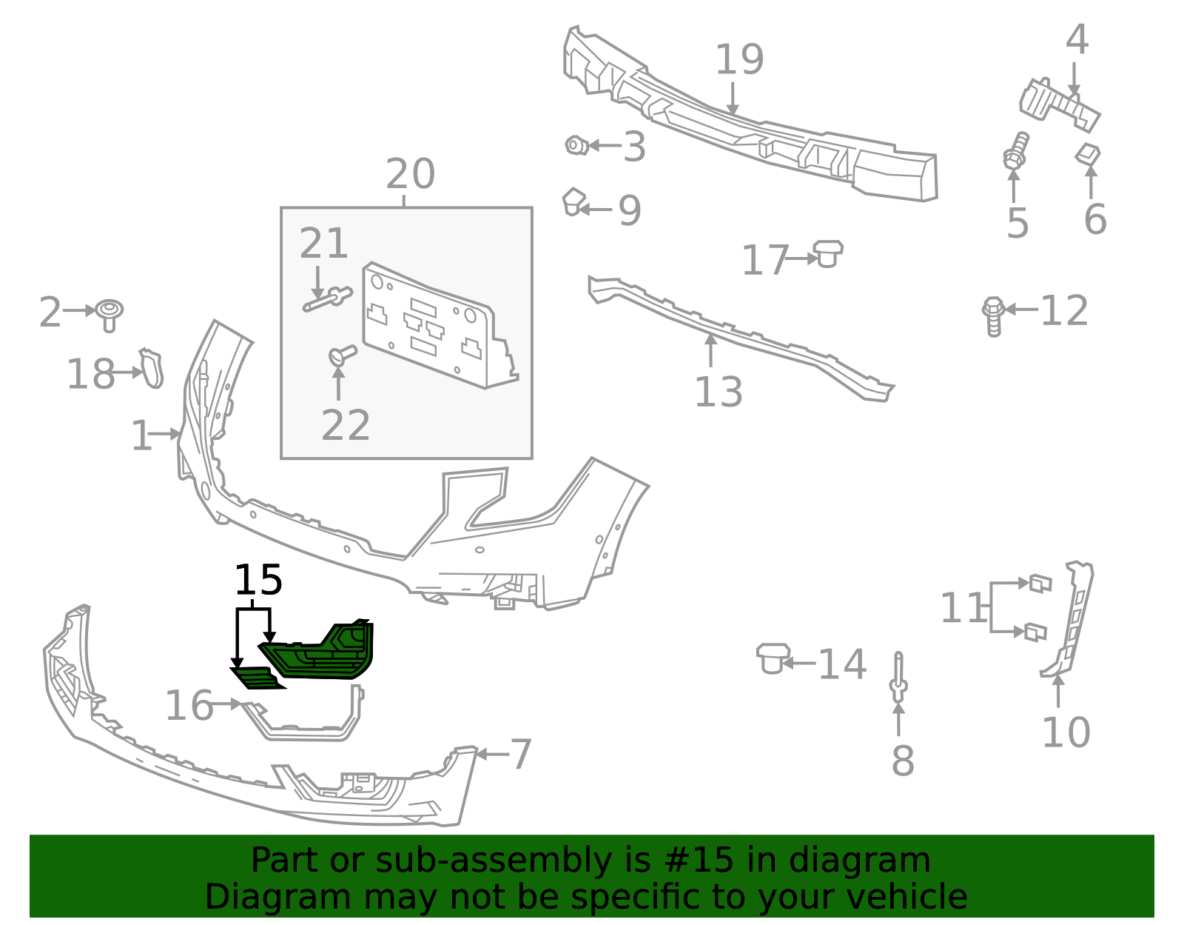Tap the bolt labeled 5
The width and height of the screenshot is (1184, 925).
pos(1015,150)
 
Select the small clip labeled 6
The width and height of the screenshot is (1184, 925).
pos(1088,154)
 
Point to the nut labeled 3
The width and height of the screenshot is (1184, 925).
pos(576,146)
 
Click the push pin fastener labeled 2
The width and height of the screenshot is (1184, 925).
pos(109,315)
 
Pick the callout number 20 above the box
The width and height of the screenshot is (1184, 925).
pos(410,175)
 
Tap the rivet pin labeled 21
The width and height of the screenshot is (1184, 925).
pos(328,299)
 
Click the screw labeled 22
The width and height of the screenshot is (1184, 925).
pos(343,355)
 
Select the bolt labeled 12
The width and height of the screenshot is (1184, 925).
pos(993,316)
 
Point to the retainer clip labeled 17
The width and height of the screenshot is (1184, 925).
pos(827,253)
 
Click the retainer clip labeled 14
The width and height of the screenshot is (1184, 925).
pos(773,658)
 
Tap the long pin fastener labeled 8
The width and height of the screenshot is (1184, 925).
pos(898,678)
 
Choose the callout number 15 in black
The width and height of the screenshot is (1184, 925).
pos(258,580)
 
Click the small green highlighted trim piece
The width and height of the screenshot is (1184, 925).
pos(257,678)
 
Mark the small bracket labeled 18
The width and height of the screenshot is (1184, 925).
pos(152,369)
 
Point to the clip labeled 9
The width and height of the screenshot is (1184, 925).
pos(573,201)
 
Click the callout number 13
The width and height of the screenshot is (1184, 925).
pos(719,392)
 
